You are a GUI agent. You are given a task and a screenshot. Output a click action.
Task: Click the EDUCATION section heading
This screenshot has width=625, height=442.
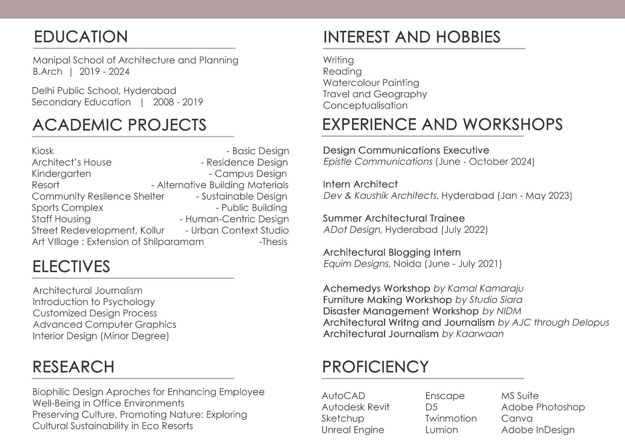pos(81,37)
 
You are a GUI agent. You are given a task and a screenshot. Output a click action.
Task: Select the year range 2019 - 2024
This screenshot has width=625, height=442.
pos(104,72)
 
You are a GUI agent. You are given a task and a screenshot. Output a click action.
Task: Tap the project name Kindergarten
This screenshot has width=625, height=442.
pos(61,174)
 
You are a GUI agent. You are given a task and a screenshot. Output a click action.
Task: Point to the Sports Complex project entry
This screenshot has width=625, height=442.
pos(67,208)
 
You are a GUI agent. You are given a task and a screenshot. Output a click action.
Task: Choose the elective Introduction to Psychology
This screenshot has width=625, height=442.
pos(94,302)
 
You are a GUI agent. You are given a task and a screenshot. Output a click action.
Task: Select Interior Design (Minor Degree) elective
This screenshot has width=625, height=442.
pos(101,336)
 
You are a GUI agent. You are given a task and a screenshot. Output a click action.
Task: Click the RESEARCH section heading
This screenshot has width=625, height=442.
pos(73,367)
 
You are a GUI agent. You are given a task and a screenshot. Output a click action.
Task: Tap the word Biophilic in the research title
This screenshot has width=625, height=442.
pos(51,392)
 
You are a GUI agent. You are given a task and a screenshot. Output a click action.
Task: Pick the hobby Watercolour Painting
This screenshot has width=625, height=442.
pos(371,83)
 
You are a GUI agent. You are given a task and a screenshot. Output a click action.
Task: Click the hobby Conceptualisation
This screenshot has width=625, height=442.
pos(365,106)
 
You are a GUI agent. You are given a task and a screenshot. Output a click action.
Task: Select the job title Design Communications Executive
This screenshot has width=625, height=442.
pos(406,150)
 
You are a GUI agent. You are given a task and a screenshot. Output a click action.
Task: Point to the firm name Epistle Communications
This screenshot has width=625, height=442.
pos(378,162)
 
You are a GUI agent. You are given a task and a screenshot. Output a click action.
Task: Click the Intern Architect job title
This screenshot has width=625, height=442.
pos(360,184)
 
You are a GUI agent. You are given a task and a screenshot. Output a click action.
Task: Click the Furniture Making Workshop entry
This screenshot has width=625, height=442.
pos(387,300)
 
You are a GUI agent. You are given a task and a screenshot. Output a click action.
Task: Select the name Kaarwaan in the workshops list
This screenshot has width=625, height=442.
pos(479,334)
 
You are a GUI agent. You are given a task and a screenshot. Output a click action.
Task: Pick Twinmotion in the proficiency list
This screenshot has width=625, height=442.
pos(451,418)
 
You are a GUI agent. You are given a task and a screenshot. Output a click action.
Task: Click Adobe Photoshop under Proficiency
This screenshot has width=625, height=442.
pos(543,407)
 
